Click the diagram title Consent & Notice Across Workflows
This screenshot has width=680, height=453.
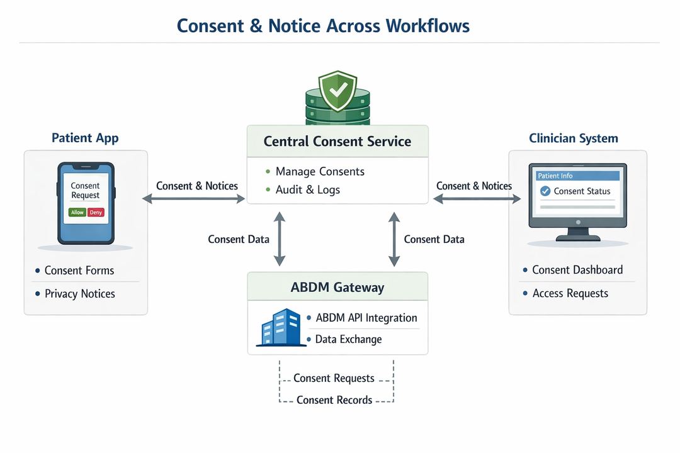click(323, 25)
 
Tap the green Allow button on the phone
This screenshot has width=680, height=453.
click(77, 213)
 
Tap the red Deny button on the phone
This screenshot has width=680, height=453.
click(96, 213)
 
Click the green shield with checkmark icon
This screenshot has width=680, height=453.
click(337, 91)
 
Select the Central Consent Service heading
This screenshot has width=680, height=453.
click(337, 141)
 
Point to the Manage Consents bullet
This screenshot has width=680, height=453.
click(319, 172)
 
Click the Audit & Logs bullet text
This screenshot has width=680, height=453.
click(307, 189)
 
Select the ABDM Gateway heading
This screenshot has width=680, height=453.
click(337, 288)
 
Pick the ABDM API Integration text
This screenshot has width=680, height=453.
click(366, 318)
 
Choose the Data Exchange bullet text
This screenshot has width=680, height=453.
click(348, 339)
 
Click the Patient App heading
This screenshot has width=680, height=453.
click(85, 138)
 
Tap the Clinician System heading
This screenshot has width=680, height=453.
click(573, 138)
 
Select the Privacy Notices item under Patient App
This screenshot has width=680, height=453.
click(79, 294)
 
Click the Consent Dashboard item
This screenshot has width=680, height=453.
click(577, 270)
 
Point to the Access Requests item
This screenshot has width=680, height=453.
click(570, 293)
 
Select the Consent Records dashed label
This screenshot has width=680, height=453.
click(334, 400)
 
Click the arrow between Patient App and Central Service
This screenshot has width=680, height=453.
click(194, 199)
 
